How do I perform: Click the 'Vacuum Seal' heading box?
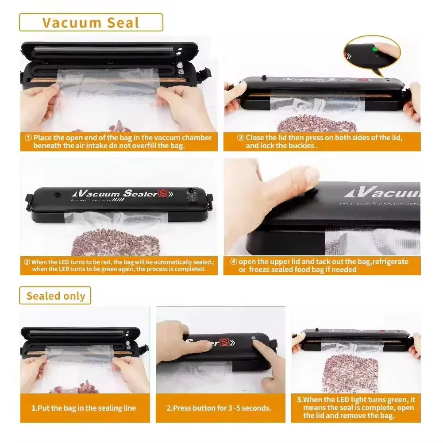(91, 23)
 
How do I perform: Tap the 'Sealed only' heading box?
(55, 296)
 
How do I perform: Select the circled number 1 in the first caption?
(28, 138)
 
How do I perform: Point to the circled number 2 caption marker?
(241, 138)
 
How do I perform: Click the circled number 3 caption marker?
(27, 262)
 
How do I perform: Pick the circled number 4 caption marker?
(234, 262)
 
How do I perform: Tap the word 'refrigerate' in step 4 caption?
(390, 262)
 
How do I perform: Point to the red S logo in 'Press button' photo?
(226, 342)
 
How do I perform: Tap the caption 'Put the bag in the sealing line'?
(84, 408)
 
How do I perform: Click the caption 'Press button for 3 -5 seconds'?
(219, 408)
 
